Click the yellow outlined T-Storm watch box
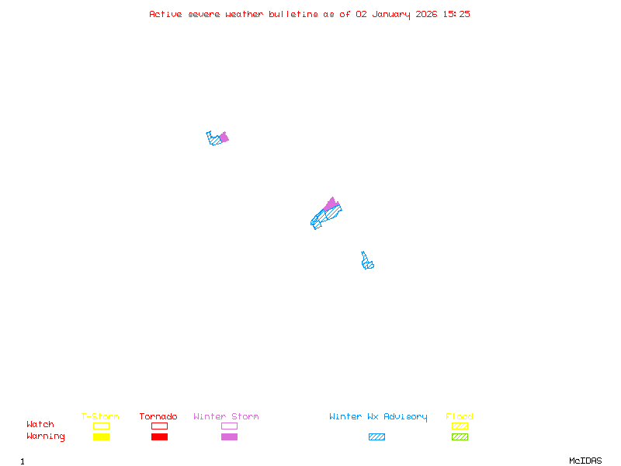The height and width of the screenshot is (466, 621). (x=101, y=426)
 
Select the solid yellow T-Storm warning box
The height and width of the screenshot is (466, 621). (x=101, y=437)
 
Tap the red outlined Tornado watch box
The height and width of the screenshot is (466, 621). (x=159, y=426)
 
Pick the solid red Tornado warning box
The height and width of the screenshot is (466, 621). (x=159, y=437)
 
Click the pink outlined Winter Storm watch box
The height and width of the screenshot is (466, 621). (x=229, y=426)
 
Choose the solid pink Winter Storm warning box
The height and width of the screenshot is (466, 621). (x=229, y=437)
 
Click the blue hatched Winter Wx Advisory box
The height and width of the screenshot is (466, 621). (x=376, y=437)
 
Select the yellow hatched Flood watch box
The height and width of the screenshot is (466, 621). (x=460, y=426)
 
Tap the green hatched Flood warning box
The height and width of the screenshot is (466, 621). (x=460, y=437)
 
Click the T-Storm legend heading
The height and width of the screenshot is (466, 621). (x=100, y=416)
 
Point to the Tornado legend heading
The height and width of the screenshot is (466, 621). (x=158, y=416)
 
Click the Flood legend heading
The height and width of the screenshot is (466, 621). (x=459, y=416)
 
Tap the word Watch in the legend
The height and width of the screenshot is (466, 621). (x=40, y=425)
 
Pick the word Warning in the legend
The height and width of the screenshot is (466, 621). (x=46, y=436)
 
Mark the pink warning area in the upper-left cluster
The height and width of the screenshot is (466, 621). (x=224, y=137)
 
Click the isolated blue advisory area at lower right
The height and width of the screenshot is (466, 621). (x=367, y=263)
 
